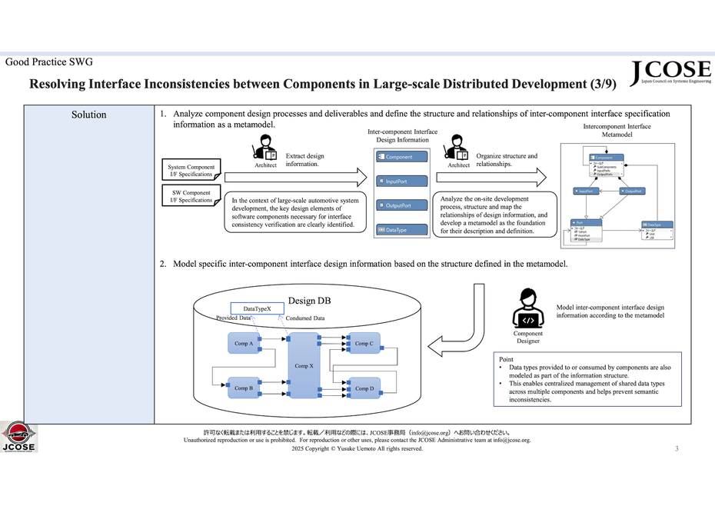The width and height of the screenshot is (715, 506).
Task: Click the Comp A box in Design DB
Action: point(244,343)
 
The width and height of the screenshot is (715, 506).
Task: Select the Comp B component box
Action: point(244,388)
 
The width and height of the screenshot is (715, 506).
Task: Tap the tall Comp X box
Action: point(304,366)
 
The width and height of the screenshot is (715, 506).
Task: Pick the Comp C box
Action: point(364,343)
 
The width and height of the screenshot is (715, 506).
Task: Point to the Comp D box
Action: point(364,388)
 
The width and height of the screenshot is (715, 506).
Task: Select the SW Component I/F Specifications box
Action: point(191,196)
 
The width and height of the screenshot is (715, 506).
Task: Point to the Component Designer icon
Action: point(528,308)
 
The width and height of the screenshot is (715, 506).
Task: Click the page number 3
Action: point(677,448)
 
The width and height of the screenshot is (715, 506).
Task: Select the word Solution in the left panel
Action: point(88,115)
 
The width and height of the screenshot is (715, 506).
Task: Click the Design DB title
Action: point(309,300)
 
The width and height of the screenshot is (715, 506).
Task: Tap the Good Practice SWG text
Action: point(49,62)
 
